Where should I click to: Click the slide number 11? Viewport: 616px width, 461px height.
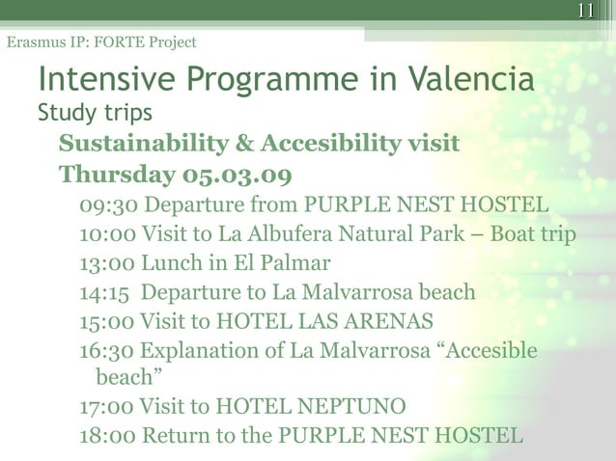[585, 12]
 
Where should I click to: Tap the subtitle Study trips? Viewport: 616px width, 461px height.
[95, 113]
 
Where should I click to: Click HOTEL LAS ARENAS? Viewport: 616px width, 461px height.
[341, 320]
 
